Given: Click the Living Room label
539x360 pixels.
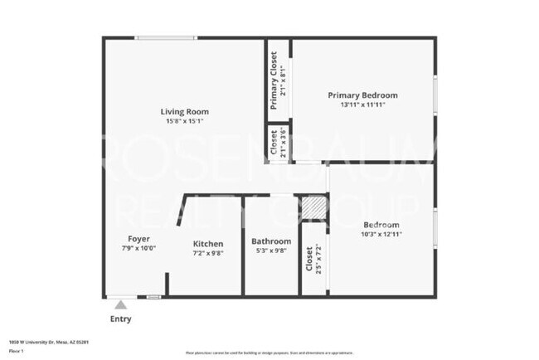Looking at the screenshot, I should coord(184,111).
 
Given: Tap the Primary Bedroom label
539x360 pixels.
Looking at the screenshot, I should coord(362,95).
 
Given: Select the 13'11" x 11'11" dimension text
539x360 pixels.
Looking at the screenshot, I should coord(362,105).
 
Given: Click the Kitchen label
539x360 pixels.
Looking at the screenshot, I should coord(207,244).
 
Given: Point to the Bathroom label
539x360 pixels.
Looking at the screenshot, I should coord(270,241).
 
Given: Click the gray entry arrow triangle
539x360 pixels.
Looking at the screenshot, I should coord(121,305).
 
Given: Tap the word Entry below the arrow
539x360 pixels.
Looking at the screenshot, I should coord(121,319).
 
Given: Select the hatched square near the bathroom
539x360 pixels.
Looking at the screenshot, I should coord(313,207).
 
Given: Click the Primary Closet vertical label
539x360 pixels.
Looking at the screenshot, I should coord(274,80).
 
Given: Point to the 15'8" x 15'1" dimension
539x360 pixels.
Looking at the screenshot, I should coord(184,120).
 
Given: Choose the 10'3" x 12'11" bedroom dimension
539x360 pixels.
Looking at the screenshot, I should coord(381,235).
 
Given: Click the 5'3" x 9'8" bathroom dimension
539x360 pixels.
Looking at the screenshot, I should coord(270,251).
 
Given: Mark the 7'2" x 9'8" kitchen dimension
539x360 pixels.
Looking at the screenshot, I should coord(207,253).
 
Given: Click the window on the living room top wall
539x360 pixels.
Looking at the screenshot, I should coord(167,37).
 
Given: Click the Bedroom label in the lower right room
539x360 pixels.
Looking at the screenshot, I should coord(381,225).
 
